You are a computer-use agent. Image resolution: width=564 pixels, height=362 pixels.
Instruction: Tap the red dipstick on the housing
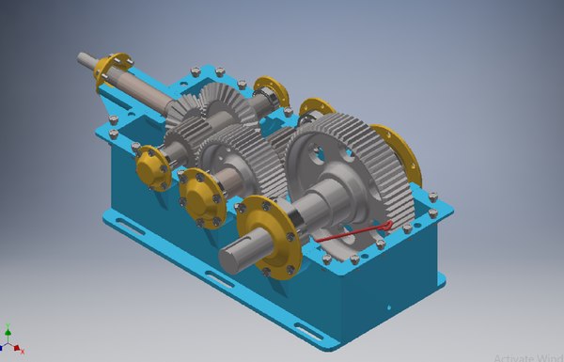click(x=352, y=234)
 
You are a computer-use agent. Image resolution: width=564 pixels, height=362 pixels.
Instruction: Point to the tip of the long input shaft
click(x=83, y=58)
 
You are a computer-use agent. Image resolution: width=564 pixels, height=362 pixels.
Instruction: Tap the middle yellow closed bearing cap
click(x=199, y=194)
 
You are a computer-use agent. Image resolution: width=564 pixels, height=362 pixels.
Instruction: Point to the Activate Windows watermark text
click(x=526, y=355)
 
